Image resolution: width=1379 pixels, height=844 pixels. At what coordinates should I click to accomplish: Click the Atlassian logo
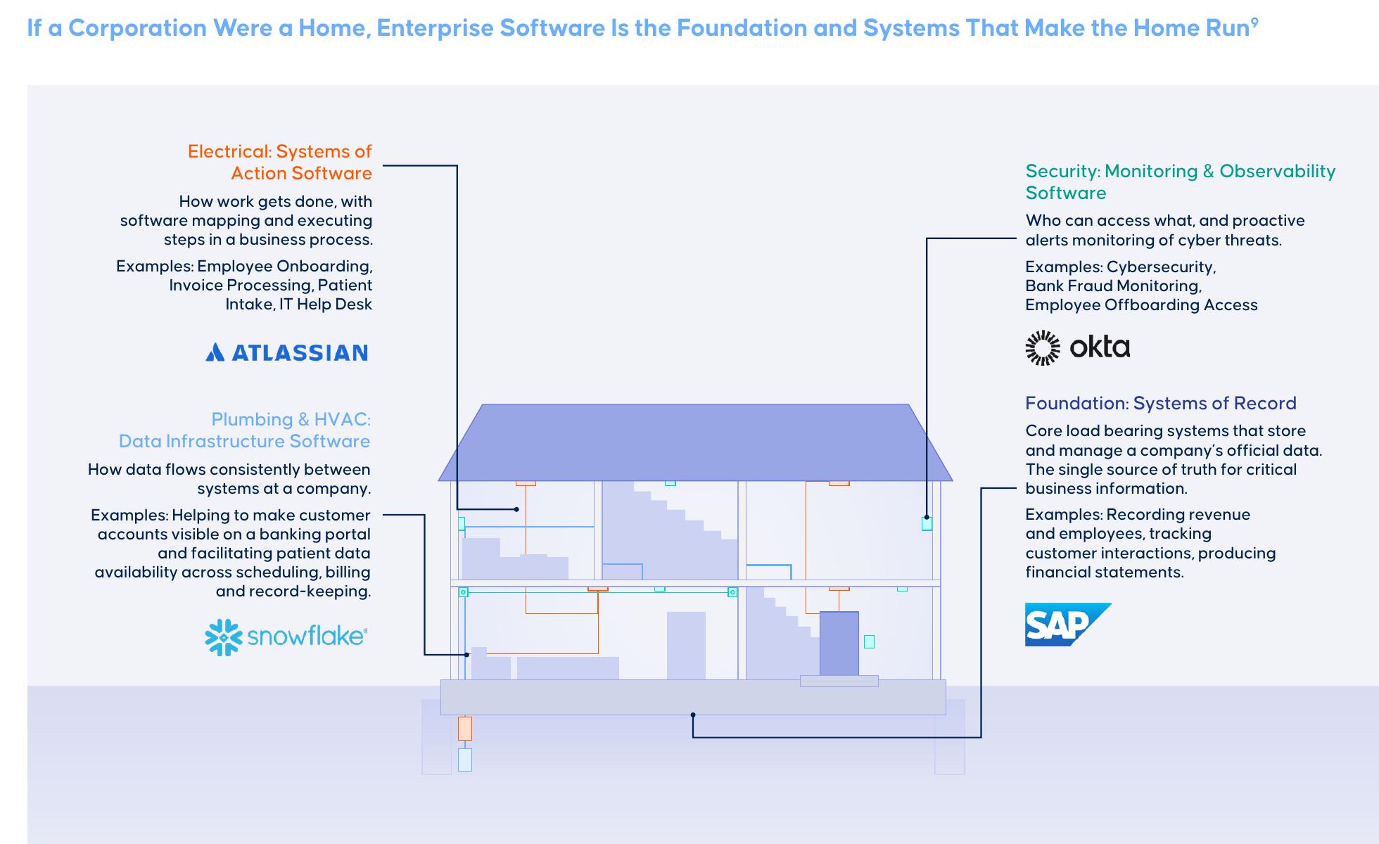pyautogui.click(x=286, y=352)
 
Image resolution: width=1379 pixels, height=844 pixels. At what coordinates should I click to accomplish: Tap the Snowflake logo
pyautogui.click(x=286, y=637)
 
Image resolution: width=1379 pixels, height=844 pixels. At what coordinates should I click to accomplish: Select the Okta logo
pyautogui.click(x=1078, y=347)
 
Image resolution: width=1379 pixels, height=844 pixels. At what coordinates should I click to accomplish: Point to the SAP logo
pyautogui.click(x=1067, y=625)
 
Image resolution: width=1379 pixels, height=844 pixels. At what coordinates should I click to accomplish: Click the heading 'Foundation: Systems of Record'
pyautogui.click(x=1161, y=403)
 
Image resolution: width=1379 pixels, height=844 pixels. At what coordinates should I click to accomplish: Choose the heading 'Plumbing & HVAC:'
pyautogui.click(x=291, y=419)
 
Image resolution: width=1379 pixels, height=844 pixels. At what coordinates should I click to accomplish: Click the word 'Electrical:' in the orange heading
pyautogui.click(x=229, y=151)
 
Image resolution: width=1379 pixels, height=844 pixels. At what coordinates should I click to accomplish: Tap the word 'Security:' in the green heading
pyautogui.click(x=1062, y=171)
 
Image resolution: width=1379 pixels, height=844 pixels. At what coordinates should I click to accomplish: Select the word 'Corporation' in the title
pyautogui.click(x=137, y=28)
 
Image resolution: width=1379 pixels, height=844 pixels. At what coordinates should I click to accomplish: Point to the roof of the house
pyautogui.click(x=695, y=442)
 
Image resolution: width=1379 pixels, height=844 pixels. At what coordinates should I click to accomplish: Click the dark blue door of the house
pyautogui.click(x=839, y=644)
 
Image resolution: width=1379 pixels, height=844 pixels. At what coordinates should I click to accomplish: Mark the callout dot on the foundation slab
pyautogui.click(x=693, y=715)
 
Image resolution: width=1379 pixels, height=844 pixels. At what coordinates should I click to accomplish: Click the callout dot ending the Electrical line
pyautogui.click(x=516, y=509)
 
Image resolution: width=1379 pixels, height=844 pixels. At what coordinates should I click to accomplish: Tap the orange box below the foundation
pyautogui.click(x=465, y=729)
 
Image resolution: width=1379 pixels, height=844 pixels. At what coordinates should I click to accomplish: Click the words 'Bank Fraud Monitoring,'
pyautogui.click(x=1113, y=286)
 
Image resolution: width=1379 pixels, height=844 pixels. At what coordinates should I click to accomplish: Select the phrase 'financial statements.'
pyautogui.click(x=1105, y=572)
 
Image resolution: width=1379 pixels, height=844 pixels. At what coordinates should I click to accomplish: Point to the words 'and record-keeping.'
pyautogui.click(x=293, y=591)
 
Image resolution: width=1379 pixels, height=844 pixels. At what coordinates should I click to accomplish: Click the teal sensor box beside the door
pyautogui.click(x=869, y=641)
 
